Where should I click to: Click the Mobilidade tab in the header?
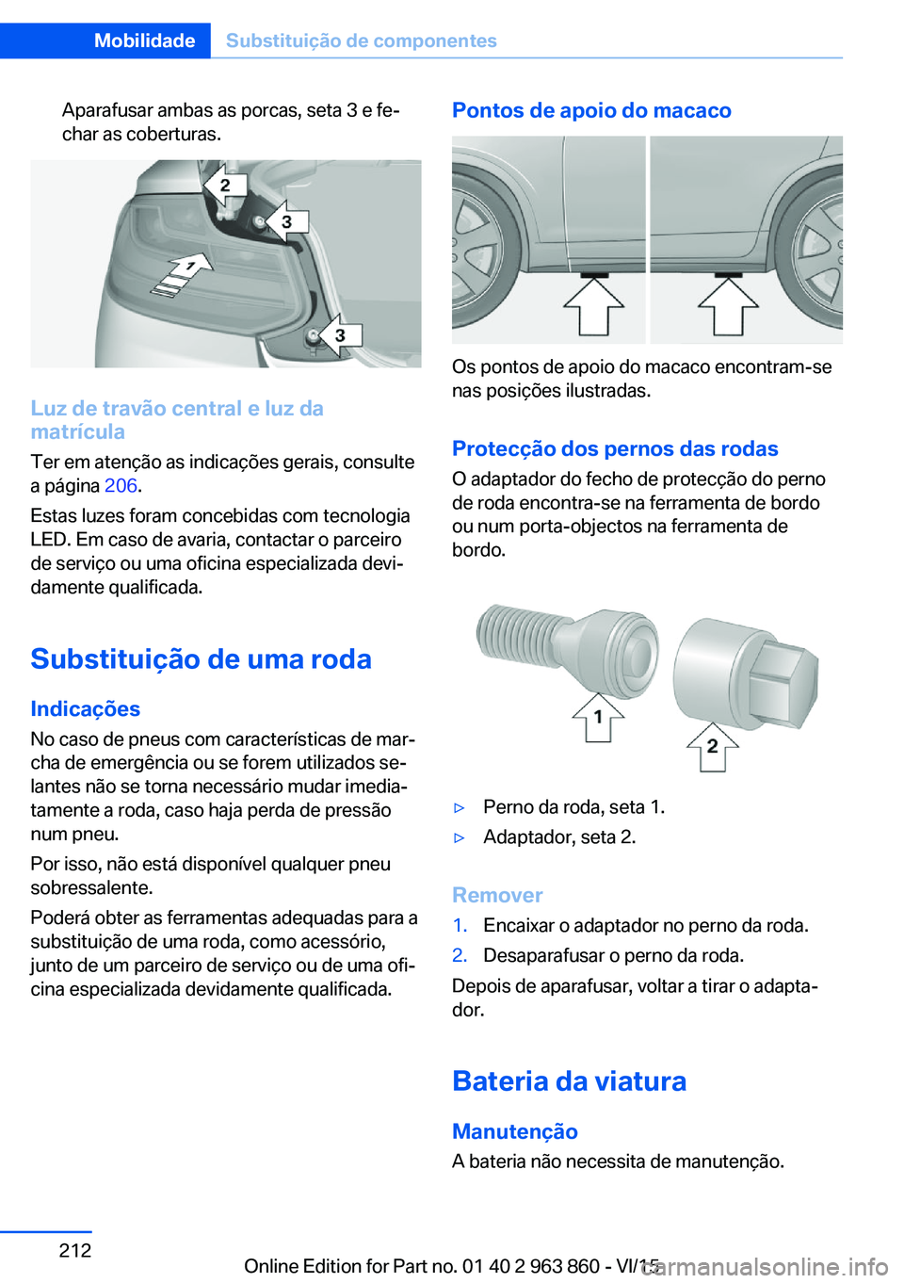144,41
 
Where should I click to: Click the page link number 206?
121,486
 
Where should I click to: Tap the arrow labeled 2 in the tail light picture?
224,186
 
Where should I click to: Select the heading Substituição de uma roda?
201,658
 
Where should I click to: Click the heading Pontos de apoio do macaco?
591,110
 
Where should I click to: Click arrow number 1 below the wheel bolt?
598,718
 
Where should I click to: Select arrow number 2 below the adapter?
712,747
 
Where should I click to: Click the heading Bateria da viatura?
569,1080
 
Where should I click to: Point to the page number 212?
75,1250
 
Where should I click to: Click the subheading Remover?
497,895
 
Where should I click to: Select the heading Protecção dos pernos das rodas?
615,448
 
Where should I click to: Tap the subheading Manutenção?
514,1131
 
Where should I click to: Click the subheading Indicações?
85,708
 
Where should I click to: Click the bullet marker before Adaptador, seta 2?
460,837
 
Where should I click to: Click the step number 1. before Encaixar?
460,926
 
